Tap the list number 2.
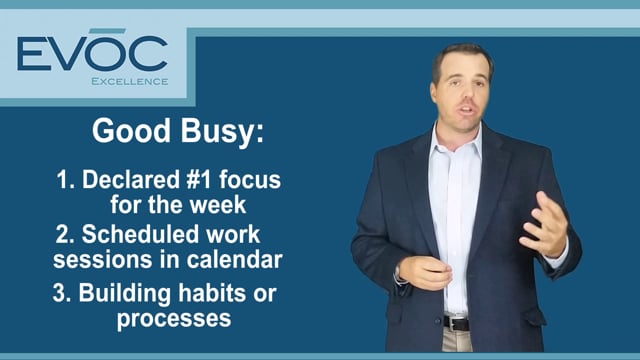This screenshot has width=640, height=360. coord(61,238)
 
